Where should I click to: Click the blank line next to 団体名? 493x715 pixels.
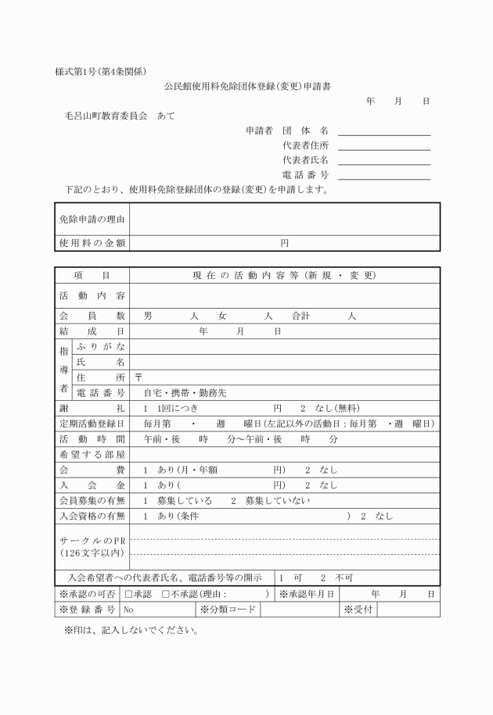(x=384, y=130)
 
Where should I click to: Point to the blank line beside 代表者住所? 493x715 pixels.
(x=384, y=145)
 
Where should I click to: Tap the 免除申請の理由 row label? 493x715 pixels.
(x=92, y=219)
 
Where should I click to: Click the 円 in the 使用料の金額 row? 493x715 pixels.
(x=284, y=243)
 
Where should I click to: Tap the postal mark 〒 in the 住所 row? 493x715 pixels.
(x=139, y=377)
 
